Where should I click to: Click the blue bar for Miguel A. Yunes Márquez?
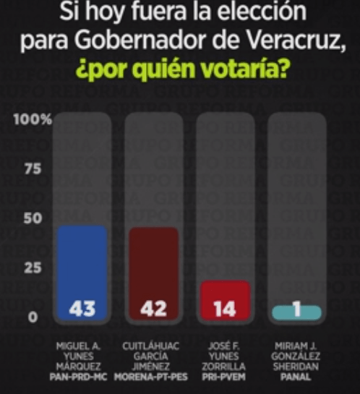(82, 273)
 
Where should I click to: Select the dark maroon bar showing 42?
(153, 274)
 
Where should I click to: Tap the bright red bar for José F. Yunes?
(225, 301)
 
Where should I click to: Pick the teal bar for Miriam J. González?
(296, 313)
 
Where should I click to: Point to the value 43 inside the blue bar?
(82, 309)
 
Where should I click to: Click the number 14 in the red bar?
(225, 309)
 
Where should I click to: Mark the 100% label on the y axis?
(33, 119)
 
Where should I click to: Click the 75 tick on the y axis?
(33, 168)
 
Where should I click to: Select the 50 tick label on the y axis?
(33, 218)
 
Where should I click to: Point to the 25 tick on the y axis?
(33, 267)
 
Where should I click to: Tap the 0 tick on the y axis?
(33, 317)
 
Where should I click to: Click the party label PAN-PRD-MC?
(78, 377)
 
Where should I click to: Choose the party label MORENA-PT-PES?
(151, 377)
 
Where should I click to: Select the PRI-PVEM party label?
(223, 377)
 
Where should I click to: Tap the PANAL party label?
(296, 377)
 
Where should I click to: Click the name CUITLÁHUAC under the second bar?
(151, 346)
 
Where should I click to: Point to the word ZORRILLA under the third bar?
(223, 367)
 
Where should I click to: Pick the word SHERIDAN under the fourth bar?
(296, 367)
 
